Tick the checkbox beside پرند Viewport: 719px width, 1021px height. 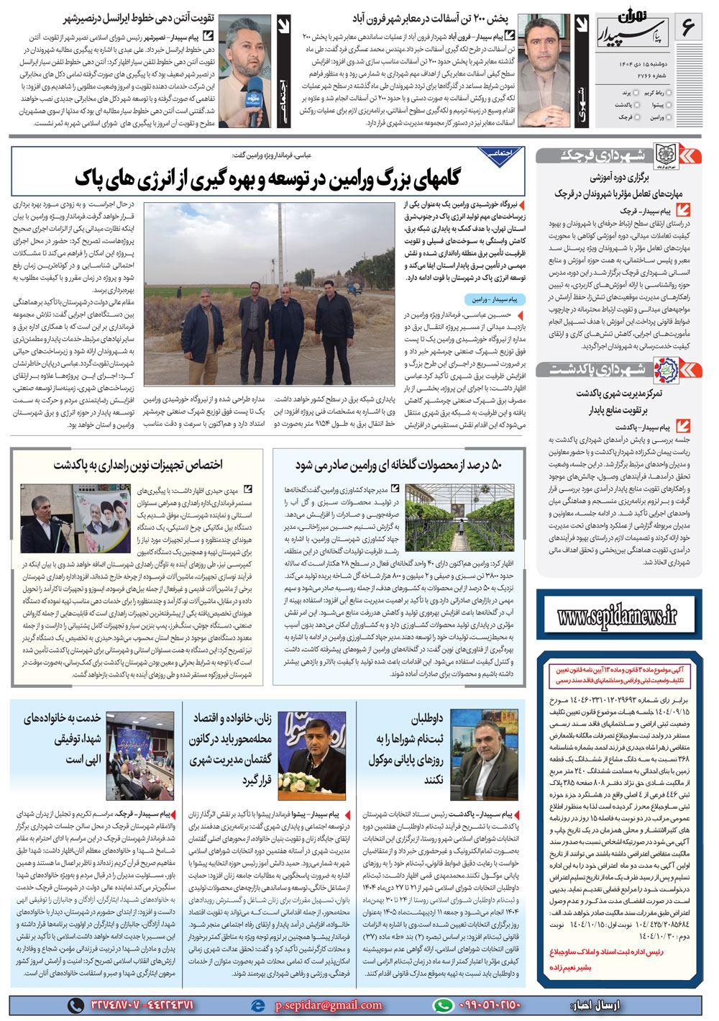pos(638,94)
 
